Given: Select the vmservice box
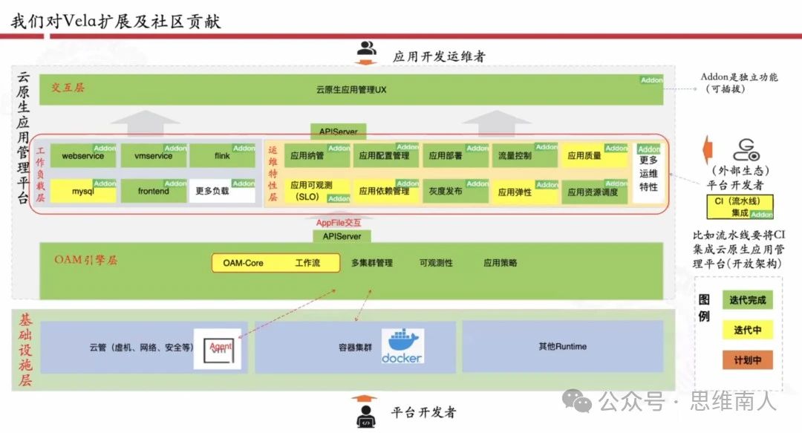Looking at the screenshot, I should [x=153, y=156].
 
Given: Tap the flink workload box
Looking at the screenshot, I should [x=222, y=156].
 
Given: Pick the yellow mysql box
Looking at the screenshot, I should [x=82, y=192].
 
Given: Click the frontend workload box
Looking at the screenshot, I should [x=153, y=192].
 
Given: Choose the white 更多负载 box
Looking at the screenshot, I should [x=222, y=192].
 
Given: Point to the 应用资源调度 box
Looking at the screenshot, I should [x=593, y=192].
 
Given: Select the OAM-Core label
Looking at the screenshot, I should [x=243, y=263].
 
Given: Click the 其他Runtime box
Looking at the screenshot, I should [x=562, y=346].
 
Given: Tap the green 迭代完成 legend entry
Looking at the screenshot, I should [x=747, y=300].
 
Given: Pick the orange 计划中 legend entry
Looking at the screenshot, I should [x=747, y=361].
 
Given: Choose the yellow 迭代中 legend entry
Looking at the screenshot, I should [x=747, y=331].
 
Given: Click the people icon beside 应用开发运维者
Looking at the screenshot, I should [x=367, y=50].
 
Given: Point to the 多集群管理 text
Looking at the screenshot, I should [x=372, y=263].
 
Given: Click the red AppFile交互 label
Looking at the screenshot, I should [x=339, y=222].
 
